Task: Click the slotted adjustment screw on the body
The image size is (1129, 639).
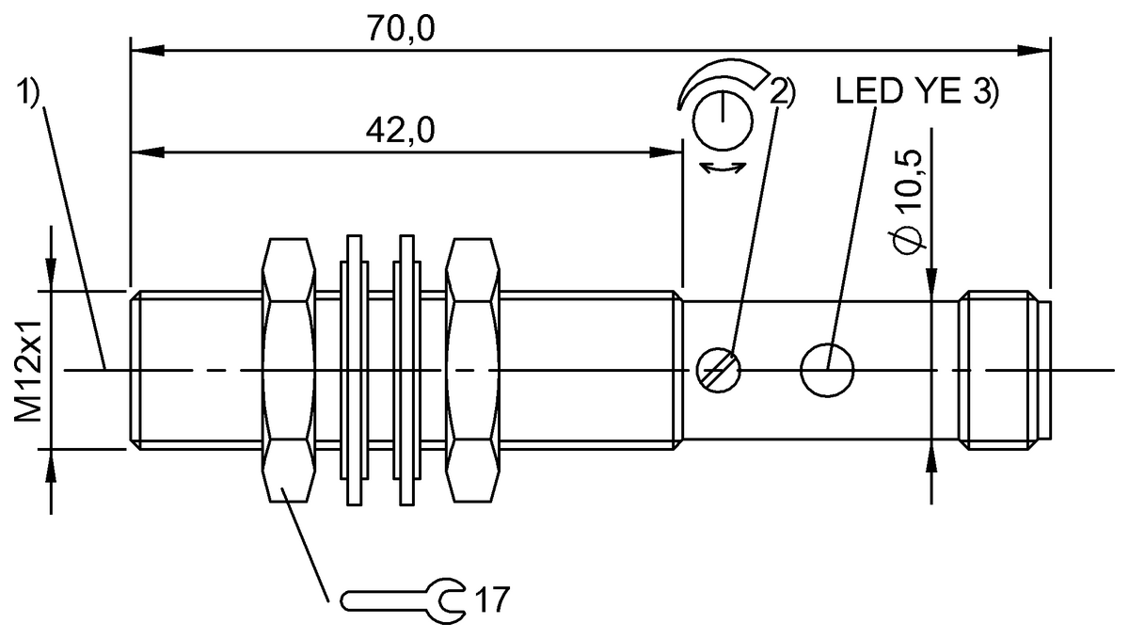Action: [x=720, y=369]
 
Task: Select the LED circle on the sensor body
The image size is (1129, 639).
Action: [x=828, y=369]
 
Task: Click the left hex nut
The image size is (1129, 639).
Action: [x=288, y=369]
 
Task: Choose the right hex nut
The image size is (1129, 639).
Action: [x=471, y=369]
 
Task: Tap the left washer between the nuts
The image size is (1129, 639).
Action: [x=356, y=369]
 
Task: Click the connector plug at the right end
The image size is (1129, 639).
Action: [x=1002, y=369]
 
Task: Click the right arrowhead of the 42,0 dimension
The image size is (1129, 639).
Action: [x=672, y=150]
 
